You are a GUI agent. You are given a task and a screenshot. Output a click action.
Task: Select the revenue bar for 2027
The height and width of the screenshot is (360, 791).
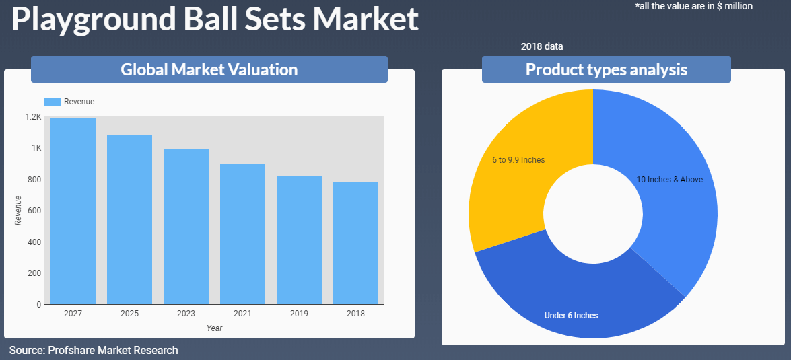coord(73,211)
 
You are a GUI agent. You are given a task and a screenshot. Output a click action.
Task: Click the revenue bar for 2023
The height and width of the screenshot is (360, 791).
coord(186,227)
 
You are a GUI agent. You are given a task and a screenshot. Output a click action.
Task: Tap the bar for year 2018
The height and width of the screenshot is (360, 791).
coord(355,243)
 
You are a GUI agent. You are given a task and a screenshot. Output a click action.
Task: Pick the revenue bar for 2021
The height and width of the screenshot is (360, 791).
coord(242,234)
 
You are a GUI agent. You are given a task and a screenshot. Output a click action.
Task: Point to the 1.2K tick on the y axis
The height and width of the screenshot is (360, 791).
coord(33,117)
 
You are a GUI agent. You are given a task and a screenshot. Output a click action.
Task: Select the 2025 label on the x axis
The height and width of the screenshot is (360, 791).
coord(130,314)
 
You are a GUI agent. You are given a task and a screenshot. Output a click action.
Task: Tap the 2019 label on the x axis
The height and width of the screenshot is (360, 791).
coord(299,314)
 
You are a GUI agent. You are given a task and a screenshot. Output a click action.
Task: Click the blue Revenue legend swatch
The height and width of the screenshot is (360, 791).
coord(53,102)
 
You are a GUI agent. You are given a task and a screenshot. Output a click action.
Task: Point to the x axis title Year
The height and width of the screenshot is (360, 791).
coord(214,328)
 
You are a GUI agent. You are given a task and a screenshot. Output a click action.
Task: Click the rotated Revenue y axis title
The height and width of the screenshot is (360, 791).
coord(18,210)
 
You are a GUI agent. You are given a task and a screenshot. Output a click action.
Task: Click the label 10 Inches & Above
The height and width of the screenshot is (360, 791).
coord(669,180)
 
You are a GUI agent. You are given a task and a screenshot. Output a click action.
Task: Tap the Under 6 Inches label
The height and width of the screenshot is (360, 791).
coord(571,316)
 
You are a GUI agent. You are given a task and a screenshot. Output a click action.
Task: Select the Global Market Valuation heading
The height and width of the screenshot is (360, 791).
coord(209,69)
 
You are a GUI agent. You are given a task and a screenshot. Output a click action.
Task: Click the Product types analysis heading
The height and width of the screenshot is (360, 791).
coord(607,69)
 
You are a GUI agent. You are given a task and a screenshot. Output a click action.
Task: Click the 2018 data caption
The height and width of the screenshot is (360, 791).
coord(542,47)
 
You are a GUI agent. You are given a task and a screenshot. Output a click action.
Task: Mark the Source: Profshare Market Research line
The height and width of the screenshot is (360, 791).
coord(94,350)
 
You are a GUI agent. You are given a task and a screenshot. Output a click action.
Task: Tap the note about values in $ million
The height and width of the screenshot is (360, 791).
coord(693,6)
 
